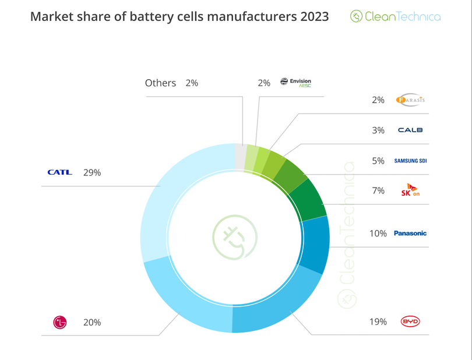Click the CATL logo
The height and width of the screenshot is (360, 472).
(59, 172)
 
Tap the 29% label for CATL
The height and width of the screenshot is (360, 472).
(92, 172)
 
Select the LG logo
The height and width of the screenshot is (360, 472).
(60, 322)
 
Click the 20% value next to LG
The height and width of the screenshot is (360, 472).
(92, 322)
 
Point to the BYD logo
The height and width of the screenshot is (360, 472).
(410, 322)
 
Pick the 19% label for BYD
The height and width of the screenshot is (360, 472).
(379, 322)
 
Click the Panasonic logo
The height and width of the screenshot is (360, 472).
(410, 233)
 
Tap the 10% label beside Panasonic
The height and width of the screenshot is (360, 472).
(378, 233)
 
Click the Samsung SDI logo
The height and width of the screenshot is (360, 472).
(410, 161)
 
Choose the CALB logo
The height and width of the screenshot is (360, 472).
(410, 130)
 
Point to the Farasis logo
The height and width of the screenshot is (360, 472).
(410, 100)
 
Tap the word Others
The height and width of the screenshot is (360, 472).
(160, 83)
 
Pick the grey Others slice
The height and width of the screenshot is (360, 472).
(240, 154)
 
